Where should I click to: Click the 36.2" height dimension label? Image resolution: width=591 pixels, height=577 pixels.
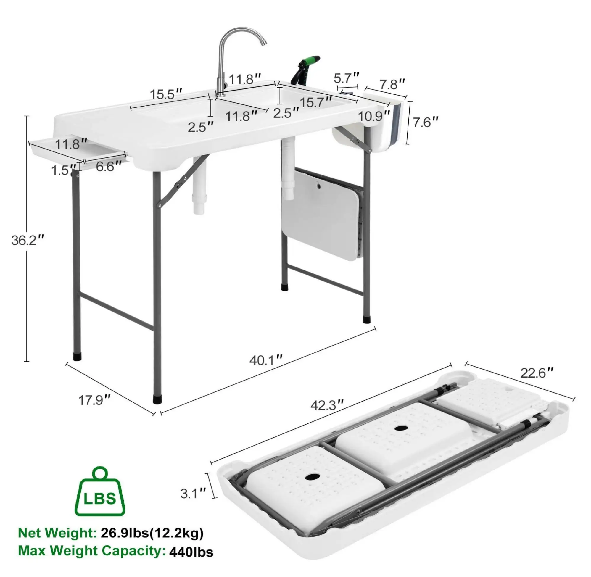(x=28, y=240)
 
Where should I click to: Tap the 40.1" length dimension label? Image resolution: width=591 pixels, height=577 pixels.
(x=266, y=360)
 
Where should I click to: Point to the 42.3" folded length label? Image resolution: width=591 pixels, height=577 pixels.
(x=328, y=405)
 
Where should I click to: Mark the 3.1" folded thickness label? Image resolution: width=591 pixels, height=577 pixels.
(x=193, y=494)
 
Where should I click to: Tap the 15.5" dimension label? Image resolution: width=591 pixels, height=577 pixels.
(x=166, y=94)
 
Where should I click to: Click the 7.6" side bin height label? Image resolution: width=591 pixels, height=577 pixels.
(x=426, y=122)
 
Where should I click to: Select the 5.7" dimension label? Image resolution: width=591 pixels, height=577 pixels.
(x=347, y=78)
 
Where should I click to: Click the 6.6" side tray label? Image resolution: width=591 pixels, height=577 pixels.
(x=109, y=166)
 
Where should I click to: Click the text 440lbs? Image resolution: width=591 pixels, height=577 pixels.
(x=191, y=552)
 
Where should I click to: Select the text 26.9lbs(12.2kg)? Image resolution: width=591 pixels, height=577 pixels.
(x=152, y=533)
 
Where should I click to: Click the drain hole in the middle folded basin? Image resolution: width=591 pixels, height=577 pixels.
(x=401, y=428)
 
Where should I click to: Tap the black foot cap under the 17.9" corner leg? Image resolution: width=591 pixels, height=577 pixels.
(x=158, y=400)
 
